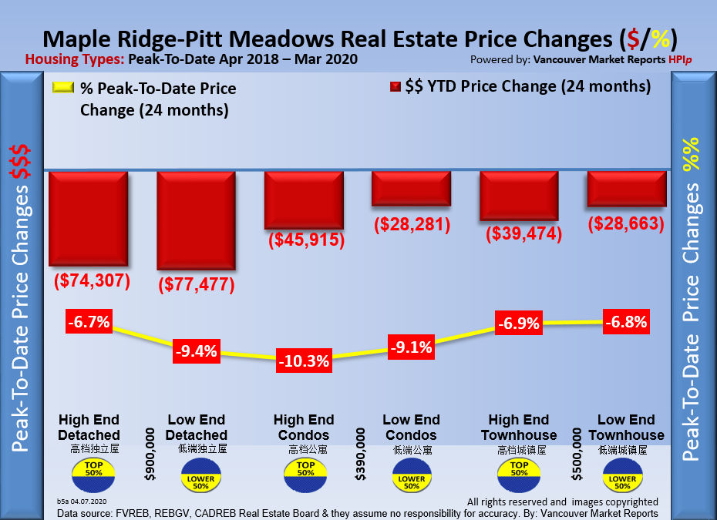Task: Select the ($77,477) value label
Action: (197, 284)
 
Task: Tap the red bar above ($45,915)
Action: (304, 200)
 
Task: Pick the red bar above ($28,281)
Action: (411, 189)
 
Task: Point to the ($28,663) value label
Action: (626, 223)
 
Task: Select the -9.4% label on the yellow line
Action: (197, 351)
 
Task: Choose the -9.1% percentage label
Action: (411, 347)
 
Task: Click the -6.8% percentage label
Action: (626, 321)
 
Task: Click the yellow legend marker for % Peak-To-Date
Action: (62, 87)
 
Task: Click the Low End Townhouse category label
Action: (626, 428)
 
